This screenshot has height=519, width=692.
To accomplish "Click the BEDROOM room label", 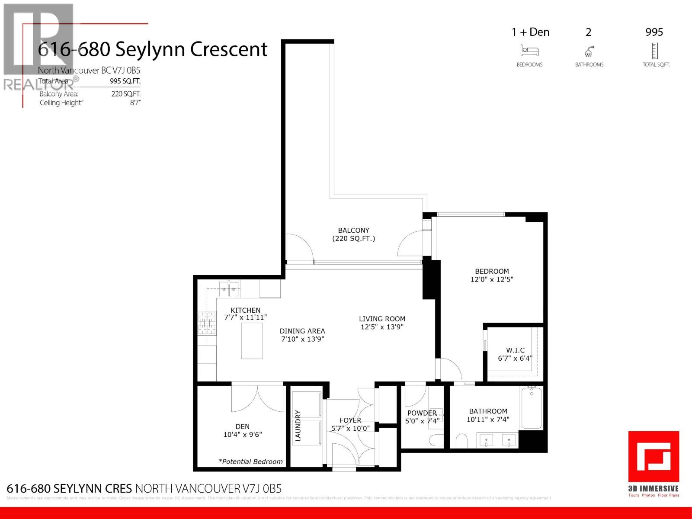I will point(492,272).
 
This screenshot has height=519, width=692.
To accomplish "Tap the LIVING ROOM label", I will point(382,319).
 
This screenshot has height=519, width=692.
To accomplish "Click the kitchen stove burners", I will point(207,324).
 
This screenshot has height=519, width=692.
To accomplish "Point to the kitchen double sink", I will point(229,288).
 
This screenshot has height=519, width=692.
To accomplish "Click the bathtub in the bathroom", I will point(532,408).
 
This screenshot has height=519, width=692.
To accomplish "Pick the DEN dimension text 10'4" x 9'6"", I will point(243,435).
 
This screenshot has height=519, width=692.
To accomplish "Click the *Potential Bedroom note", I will point(251,461).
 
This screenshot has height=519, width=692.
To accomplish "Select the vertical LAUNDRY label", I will point(298,426).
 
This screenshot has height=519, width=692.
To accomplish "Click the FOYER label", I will point(350,420).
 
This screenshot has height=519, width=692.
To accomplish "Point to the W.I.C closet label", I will point(515,350).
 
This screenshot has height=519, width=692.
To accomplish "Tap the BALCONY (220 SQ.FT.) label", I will point(354,234).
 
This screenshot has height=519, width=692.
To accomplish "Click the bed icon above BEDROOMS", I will point(529,51).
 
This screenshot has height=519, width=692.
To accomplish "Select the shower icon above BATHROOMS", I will point(589,52).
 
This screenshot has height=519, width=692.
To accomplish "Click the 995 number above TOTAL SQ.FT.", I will point(654,32).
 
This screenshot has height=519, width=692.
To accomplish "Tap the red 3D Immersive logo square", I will point(654,457).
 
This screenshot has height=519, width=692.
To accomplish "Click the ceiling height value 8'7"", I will point(135,103).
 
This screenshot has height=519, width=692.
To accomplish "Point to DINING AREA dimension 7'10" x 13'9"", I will point(302,340).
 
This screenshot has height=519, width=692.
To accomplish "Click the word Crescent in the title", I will point(229,49).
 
